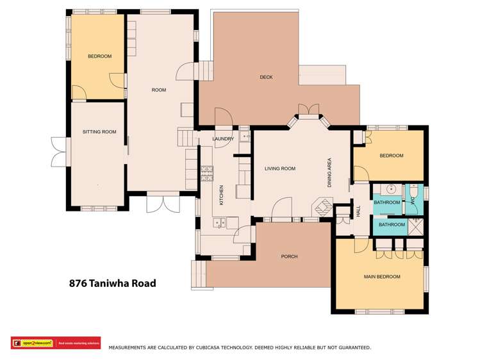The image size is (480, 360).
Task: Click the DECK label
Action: coord(266,78)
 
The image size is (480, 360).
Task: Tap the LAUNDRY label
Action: coord(223,138)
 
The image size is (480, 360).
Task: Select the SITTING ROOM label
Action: coord(99,132)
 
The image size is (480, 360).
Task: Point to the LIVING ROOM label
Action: coord(280,168)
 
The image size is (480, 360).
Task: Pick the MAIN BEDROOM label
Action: coord(382,277)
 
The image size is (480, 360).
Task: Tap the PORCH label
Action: coord(289,257)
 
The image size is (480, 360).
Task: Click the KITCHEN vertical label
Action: coord(222,195)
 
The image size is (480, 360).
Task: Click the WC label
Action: coord(413,202)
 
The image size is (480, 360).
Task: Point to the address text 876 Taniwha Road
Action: coord(112,283)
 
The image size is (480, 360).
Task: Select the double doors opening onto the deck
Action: coord(309,110)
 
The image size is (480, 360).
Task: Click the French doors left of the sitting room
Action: coord(58,151)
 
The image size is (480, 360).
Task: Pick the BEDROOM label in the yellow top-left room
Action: coord(99,56)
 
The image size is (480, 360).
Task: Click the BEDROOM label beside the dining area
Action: coord(391,156)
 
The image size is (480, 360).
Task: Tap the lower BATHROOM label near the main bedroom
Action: coord(392,225)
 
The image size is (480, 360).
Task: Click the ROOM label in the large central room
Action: coord(158,90)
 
